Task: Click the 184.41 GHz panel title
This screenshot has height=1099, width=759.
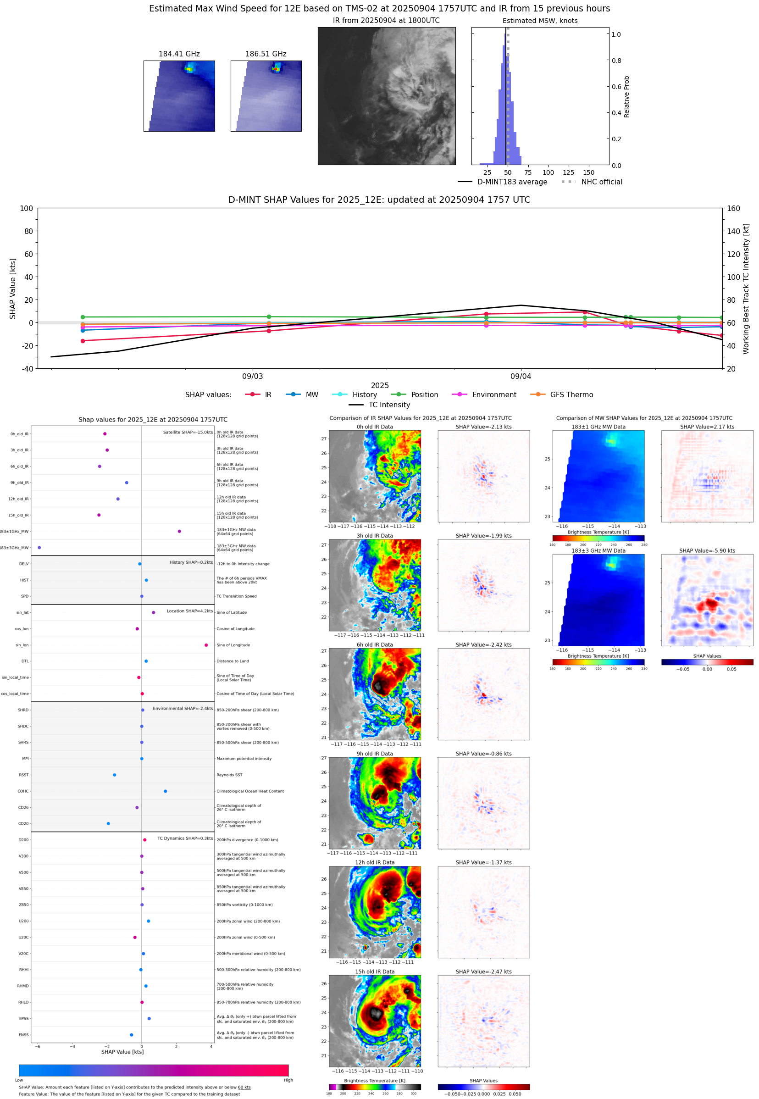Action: tap(179, 54)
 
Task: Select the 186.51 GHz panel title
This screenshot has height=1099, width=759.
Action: tap(266, 54)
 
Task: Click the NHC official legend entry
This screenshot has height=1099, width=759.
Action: tap(601, 182)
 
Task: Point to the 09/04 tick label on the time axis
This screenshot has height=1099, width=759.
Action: tap(520, 376)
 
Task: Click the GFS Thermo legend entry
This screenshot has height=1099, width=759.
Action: tap(571, 395)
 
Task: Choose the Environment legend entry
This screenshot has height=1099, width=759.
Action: tap(493, 395)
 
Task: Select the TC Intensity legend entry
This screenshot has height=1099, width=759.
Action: tap(388, 405)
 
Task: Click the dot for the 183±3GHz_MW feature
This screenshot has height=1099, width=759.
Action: tap(39, 548)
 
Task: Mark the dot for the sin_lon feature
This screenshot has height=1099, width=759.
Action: tap(206, 645)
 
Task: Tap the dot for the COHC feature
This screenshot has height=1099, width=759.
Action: tap(166, 791)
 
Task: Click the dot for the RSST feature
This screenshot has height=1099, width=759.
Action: tap(115, 775)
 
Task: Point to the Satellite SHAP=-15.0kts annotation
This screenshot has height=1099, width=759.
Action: tap(188, 432)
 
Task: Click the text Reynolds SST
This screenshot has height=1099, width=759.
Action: tap(229, 775)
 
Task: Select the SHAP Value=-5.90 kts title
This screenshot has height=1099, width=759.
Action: tap(707, 551)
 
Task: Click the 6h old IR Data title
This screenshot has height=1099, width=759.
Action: tap(375, 645)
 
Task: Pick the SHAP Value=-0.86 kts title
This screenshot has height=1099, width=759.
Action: tap(483, 754)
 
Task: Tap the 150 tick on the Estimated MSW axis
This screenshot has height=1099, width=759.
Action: tap(588, 172)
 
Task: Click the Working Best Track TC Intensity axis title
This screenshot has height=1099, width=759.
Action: tap(746, 288)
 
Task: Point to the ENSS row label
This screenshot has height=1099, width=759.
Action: tap(23, 1035)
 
